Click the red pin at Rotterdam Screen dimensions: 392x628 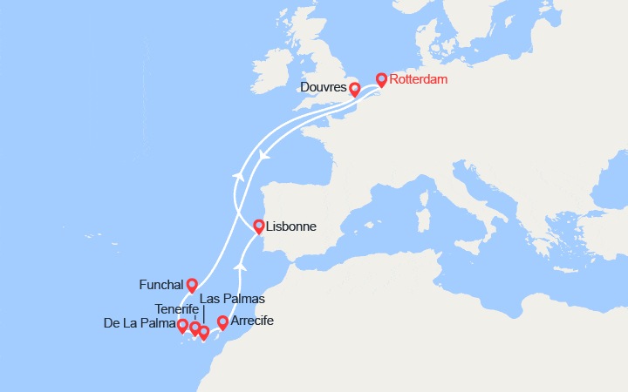point(381,80)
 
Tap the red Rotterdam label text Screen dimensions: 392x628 point(419,80)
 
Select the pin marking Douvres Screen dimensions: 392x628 point(354,89)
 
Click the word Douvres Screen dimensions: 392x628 point(323,88)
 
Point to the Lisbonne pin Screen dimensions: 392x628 point(259,226)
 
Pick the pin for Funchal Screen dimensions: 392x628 point(192,285)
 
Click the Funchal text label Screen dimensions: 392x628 point(161,285)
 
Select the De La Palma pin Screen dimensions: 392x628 point(182,327)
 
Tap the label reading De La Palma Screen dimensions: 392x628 point(139,324)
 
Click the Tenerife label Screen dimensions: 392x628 point(178,309)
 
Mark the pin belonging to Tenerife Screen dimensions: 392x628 point(195,328)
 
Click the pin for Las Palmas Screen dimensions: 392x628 point(204,332)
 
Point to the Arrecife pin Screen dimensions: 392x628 point(222,322)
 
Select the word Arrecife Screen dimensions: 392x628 point(252,321)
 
